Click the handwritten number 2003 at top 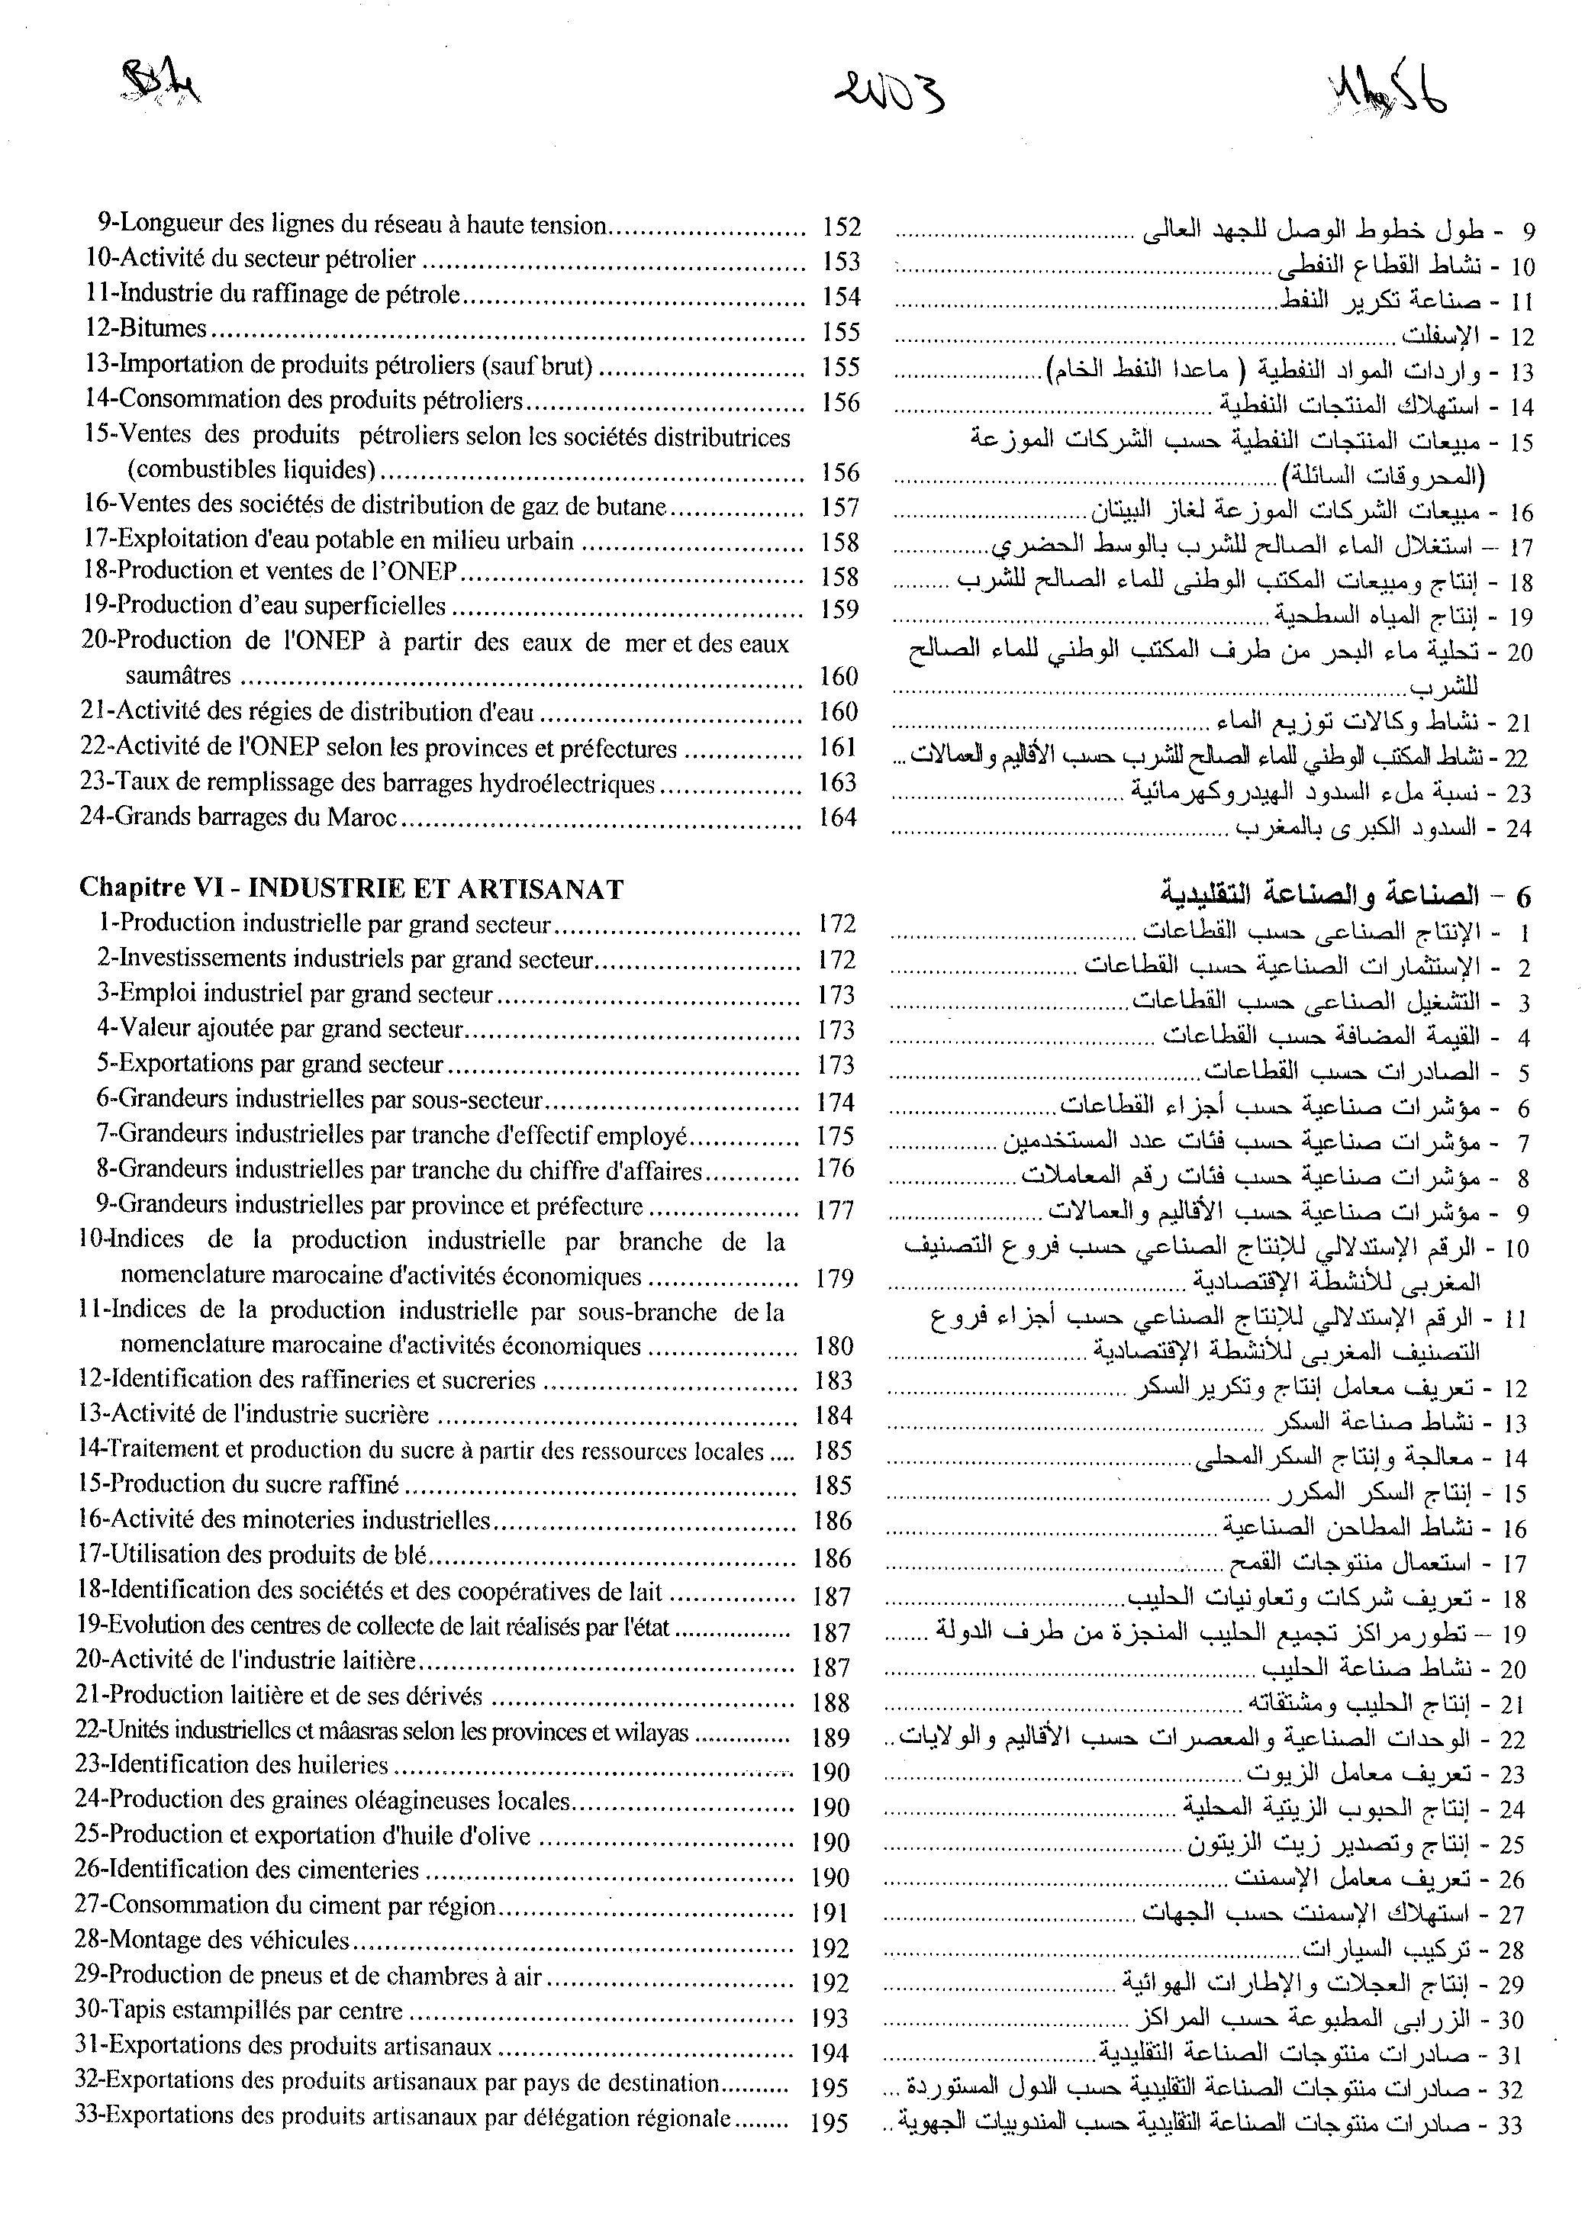[889, 95]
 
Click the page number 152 [840, 227]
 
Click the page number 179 [834, 1277]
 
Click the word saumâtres [178, 676]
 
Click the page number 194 [830, 2054]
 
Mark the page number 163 [837, 783]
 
